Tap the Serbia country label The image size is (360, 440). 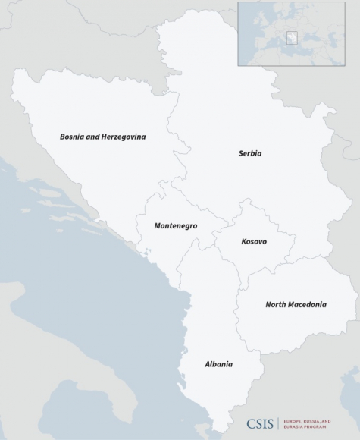pyautogui.click(x=249, y=153)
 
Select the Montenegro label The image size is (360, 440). pyautogui.click(x=176, y=226)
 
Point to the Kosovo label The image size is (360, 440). pyautogui.click(x=254, y=242)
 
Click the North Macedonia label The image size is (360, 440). pyautogui.click(x=296, y=305)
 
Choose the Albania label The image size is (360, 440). pyautogui.click(x=218, y=364)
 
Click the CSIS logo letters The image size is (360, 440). pyautogui.click(x=260, y=424)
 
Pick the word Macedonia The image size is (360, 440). pyautogui.click(x=307, y=305)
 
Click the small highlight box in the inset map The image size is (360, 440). pyautogui.click(x=291, y=37)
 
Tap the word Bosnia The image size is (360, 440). pyautogui.click(x=72, y=137)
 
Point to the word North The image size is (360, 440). pyautogui.click(x=275, y=305)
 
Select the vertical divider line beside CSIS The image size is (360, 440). pyautogui.click(x=279, y=424)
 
